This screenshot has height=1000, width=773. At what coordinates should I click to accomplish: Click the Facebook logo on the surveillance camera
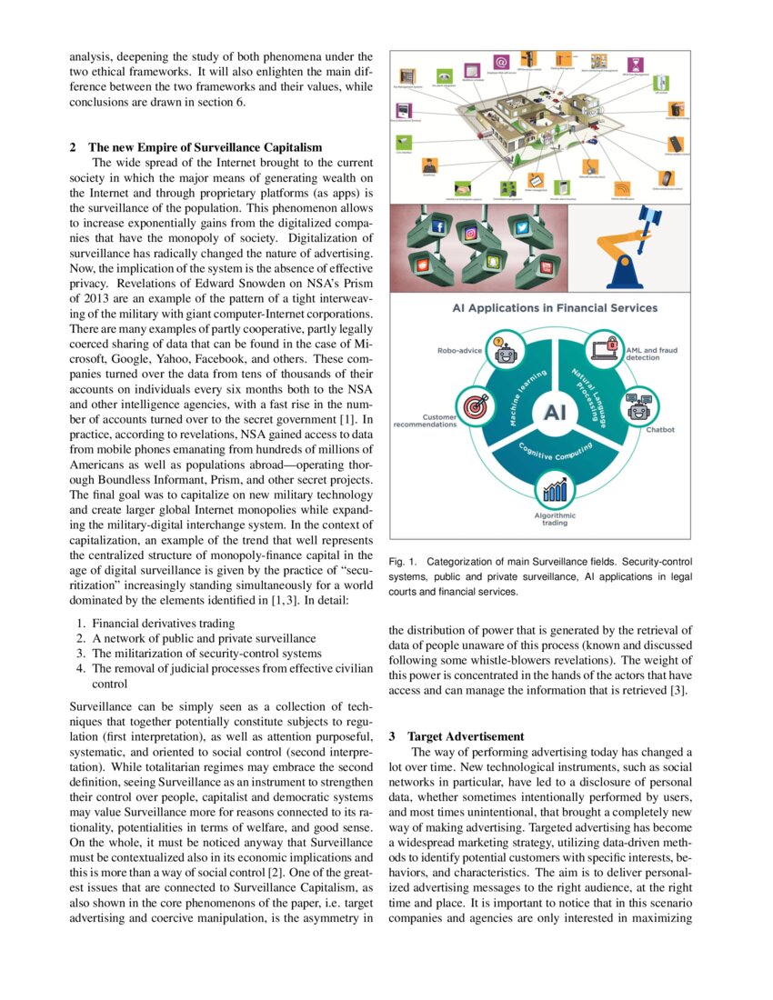437,225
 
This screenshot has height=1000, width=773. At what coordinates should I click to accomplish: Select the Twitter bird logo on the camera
522,226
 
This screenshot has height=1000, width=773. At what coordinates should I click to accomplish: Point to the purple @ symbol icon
499,62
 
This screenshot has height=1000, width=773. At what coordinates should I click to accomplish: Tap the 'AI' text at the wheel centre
554,413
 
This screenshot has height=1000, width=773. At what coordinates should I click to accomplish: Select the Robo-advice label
460,348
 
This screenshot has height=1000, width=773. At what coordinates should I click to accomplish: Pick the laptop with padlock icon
605,347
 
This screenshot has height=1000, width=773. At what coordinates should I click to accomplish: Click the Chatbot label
661,430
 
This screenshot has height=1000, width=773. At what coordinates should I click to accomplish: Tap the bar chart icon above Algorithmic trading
554,492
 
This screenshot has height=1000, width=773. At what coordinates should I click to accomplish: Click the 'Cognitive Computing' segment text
555,451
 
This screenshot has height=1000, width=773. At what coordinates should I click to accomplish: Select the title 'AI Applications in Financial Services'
554,308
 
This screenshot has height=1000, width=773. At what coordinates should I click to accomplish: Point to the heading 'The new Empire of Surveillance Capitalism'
205,147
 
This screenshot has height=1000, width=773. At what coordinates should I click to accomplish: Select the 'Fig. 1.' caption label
403,562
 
